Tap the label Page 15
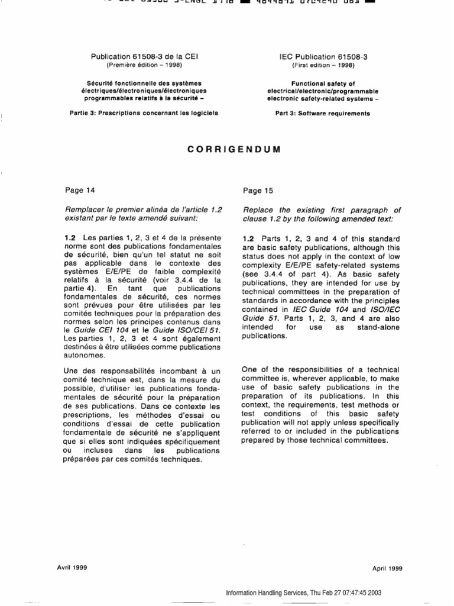click(x=257, y=191)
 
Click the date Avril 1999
click(x=72, y=567)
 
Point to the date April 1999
click(x=387, y=568)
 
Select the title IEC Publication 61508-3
click(x=323, y=57)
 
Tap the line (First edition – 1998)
click(x=323, y=65)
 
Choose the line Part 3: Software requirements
click(x=323, y=114)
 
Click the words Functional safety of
click(x=323, y=83)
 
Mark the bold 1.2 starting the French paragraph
click(x=70, y=238)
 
